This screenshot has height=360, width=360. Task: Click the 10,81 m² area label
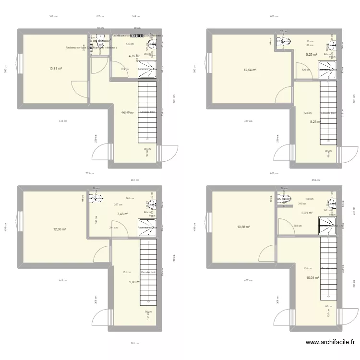[x=55, y=68]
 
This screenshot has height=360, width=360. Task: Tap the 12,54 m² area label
[x=250, y=70]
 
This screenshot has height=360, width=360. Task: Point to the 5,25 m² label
[x=312, y=55]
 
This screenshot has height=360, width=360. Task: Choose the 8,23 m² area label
[x=315, y=122]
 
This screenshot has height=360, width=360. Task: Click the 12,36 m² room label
[x=60, y=229]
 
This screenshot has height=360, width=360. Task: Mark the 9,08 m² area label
[x=134, y=282]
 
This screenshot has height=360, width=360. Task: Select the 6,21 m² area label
[x=307, y=213]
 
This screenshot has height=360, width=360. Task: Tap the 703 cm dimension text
[x=89, y=174]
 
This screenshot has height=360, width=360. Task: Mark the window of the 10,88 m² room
[x=208, y=226]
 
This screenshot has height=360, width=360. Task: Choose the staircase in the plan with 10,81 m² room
[x=147, y=112]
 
